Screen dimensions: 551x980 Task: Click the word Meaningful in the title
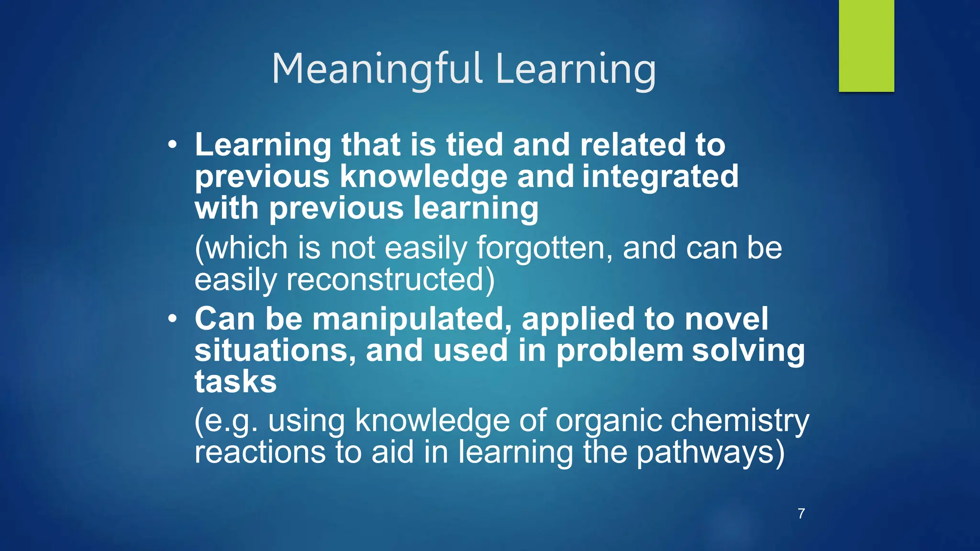(377, 69)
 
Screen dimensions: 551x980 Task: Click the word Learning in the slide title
(576, 69)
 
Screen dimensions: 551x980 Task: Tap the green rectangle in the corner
(866, 46)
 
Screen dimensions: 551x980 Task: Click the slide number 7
(801, 514)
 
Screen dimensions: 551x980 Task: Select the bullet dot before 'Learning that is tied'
(173, 144)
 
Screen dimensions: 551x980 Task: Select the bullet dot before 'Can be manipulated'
(173, 319)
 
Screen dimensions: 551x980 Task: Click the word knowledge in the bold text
(423, 176)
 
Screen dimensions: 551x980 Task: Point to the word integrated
(660, 176)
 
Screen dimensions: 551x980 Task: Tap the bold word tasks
(235, 382)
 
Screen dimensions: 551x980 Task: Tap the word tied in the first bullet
(474, 145)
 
